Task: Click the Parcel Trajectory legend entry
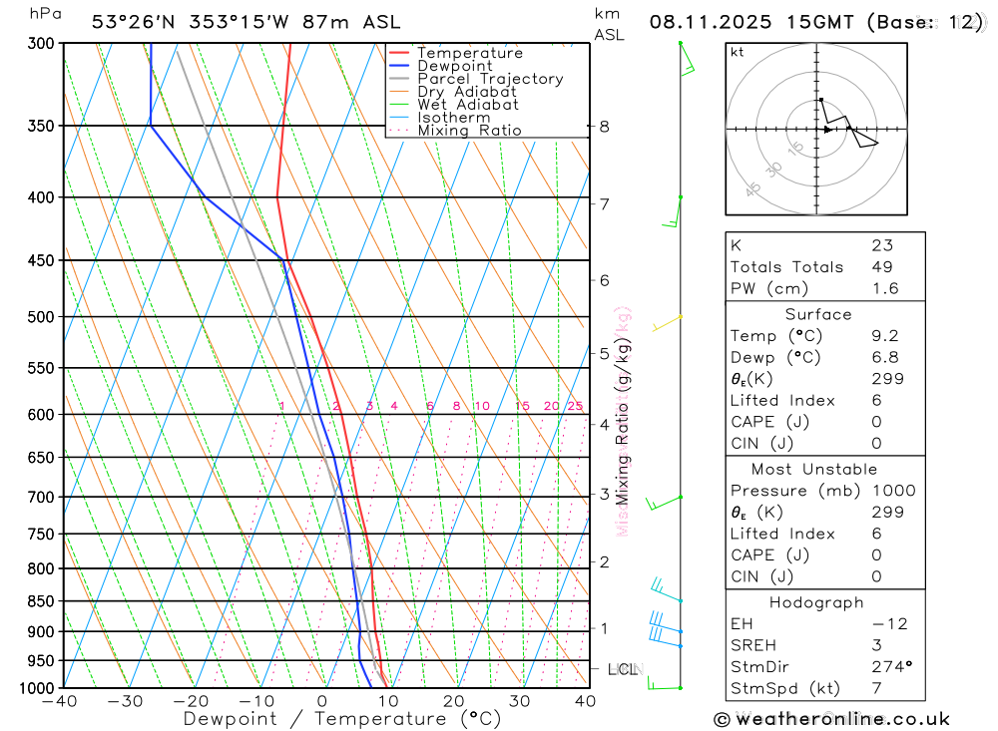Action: [x=490, y=79]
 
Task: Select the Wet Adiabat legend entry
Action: [x=468, y=105]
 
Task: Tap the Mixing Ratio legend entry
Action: [x=469, y=131]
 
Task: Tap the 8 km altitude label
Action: [x=604, y=127]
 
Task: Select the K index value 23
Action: [x=881, y=245]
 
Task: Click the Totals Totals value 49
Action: [x=881, y=267]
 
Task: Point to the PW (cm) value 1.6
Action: [x=884, y=289]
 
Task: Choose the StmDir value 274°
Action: [x=889, y=667]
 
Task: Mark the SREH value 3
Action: [x=876, y=645]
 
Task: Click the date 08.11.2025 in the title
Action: [x=703, y=22]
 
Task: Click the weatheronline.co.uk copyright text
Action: [x=831, y=719]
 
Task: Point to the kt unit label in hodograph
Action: [x=738, y=53]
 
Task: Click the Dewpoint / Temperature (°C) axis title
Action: [x=342, y=719]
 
